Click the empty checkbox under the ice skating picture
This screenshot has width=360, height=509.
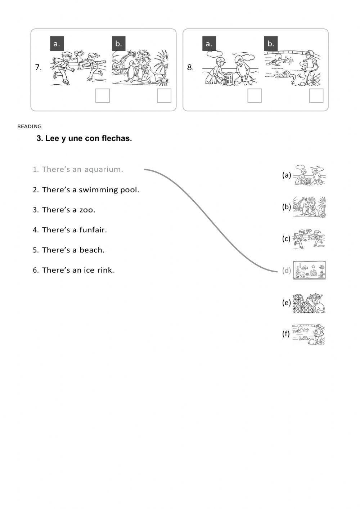103,96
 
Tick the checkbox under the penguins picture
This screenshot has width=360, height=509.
164,96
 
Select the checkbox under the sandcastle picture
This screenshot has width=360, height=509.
255,96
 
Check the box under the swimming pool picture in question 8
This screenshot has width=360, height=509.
316,96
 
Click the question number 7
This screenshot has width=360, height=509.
38,67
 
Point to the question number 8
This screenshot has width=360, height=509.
190,67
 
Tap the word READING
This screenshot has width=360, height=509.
30,126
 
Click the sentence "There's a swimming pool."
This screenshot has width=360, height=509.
90,190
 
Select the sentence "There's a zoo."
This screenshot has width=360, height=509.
68,210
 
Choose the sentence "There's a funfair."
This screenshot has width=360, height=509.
74,230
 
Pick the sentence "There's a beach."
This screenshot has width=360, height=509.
73,250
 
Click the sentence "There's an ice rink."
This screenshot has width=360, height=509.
78,270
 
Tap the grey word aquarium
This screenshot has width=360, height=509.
104,169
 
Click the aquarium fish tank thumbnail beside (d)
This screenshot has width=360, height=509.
309,270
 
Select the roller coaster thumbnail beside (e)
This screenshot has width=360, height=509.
309,303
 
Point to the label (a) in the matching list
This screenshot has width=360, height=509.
287,175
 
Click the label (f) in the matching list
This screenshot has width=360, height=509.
286,334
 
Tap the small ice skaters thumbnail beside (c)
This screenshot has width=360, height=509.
309,238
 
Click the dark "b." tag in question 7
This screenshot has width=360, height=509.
118,44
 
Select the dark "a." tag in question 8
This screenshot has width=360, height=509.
209,44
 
